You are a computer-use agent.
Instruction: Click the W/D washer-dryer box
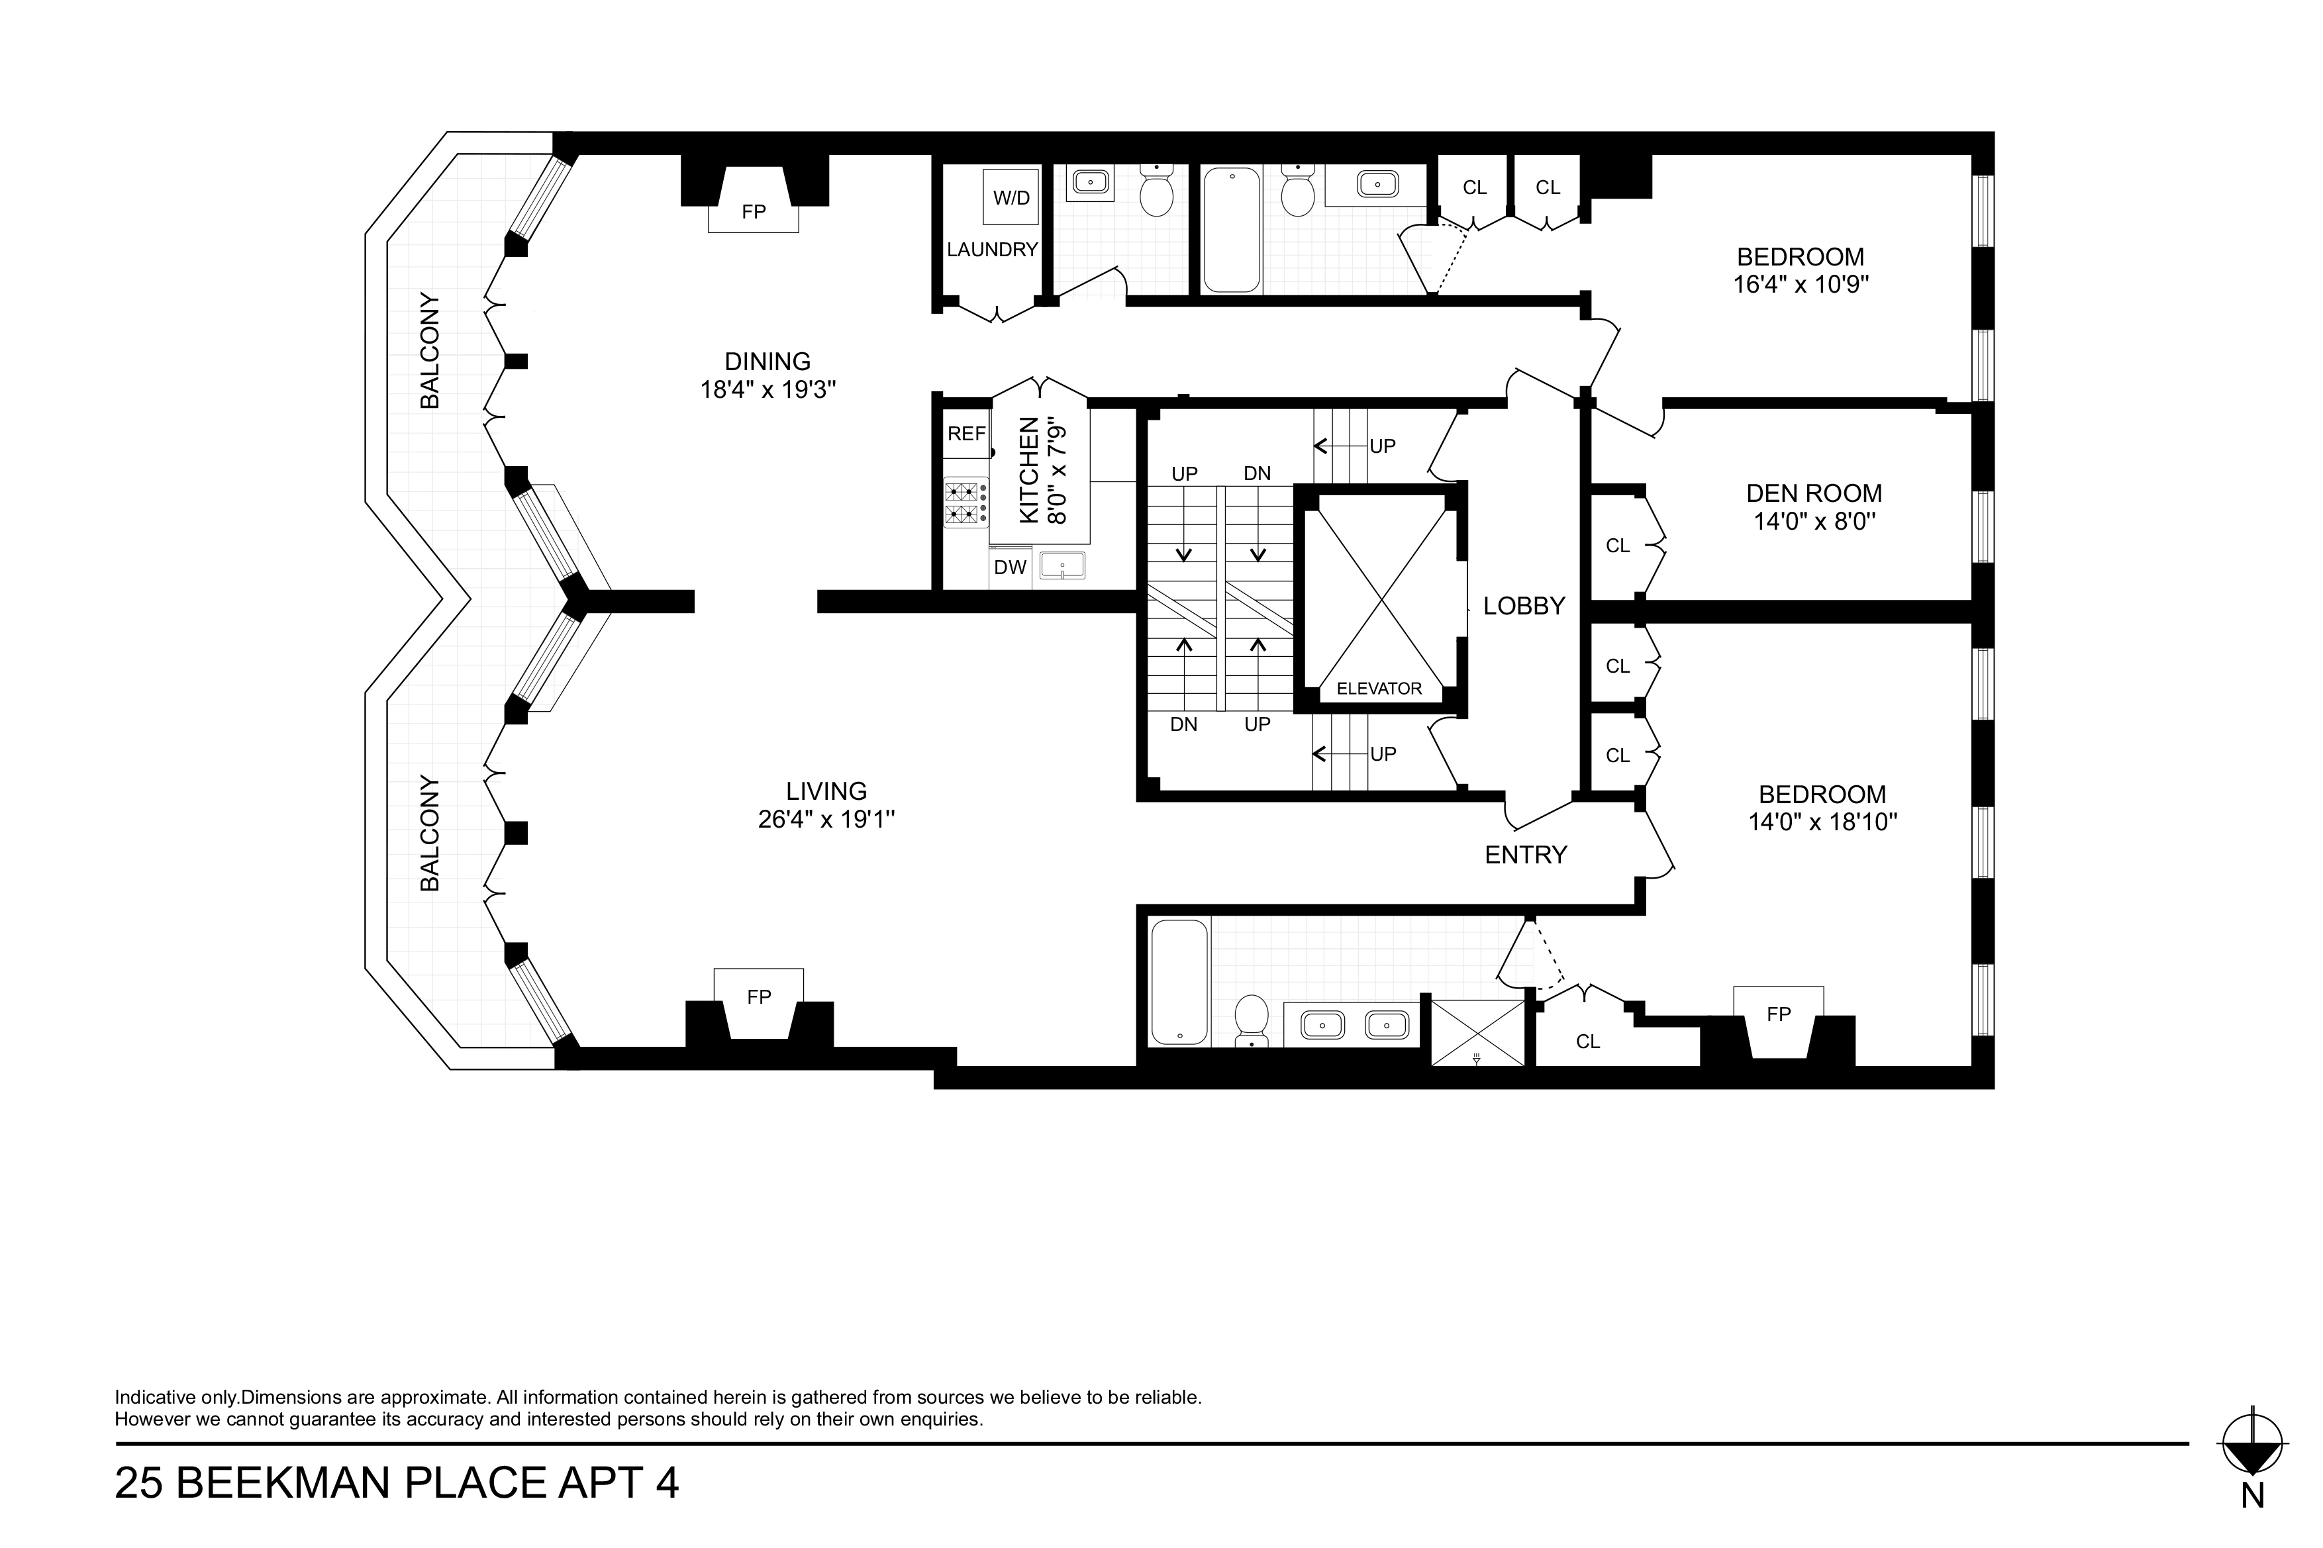click(x=1010, y=197)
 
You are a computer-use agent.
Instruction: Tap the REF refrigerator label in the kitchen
click(x=967, y=434)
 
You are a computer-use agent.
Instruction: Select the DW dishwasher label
click(x=1010, y=567)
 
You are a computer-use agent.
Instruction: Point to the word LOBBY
click(x=1524, y=606)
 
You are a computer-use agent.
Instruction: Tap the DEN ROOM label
click(x=1814, y=494)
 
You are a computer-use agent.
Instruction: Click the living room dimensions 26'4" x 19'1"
click(x=826, y=820)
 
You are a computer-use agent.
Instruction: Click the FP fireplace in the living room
click(x=759, y=1007)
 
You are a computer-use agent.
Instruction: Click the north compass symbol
click(x=2252, y=1450)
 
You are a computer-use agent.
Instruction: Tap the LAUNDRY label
click(x=992, y=250)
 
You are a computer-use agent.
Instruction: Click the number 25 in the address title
click(x=139, y=1484)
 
